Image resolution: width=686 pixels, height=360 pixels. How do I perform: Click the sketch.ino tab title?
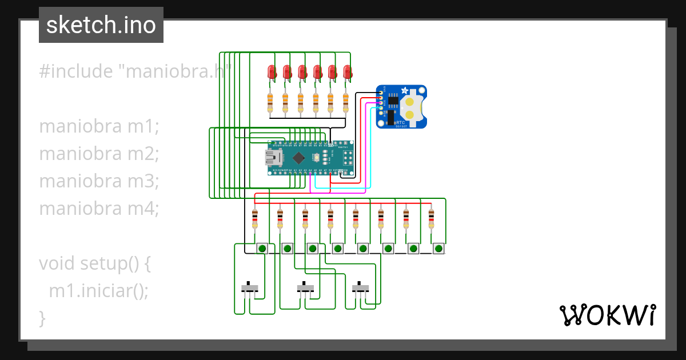point(101,25)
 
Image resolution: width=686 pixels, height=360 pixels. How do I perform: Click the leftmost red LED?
point(272,72)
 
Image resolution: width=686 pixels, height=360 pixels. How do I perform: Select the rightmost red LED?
point(347,72)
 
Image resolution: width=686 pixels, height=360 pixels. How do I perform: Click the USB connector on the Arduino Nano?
point(273,158)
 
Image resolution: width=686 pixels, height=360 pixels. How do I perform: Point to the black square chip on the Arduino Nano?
point(298,158)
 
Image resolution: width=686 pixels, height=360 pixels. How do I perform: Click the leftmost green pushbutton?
point(262,249)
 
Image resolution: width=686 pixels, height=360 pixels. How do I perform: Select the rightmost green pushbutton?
point(438,249)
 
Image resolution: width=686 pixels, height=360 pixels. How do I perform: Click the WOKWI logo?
point(607,315)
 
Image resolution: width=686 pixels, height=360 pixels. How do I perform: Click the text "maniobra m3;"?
point(98,181)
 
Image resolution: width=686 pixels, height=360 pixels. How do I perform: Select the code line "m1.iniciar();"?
point(98,291)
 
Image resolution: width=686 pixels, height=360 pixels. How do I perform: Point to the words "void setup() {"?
point(94,263)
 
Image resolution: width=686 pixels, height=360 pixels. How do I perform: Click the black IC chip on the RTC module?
point(393,101)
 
